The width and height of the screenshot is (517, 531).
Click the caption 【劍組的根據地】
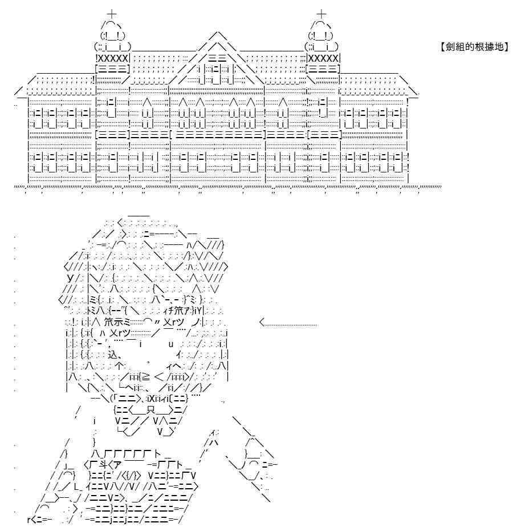474,47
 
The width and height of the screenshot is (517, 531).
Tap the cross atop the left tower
112,14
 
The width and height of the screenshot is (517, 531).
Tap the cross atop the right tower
321,14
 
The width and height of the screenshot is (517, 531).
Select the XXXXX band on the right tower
323,58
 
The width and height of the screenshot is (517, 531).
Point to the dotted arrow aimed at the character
288,323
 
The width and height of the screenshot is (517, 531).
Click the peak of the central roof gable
219,32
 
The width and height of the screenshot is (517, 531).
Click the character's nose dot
148,364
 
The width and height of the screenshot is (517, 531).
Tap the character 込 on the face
112,355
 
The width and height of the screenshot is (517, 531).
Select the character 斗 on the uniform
103,465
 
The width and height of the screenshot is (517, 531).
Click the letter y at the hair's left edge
70,278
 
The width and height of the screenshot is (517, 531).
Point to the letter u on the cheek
171,344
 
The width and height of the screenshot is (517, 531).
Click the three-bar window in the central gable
218,58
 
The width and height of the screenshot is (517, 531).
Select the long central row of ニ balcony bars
219,135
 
